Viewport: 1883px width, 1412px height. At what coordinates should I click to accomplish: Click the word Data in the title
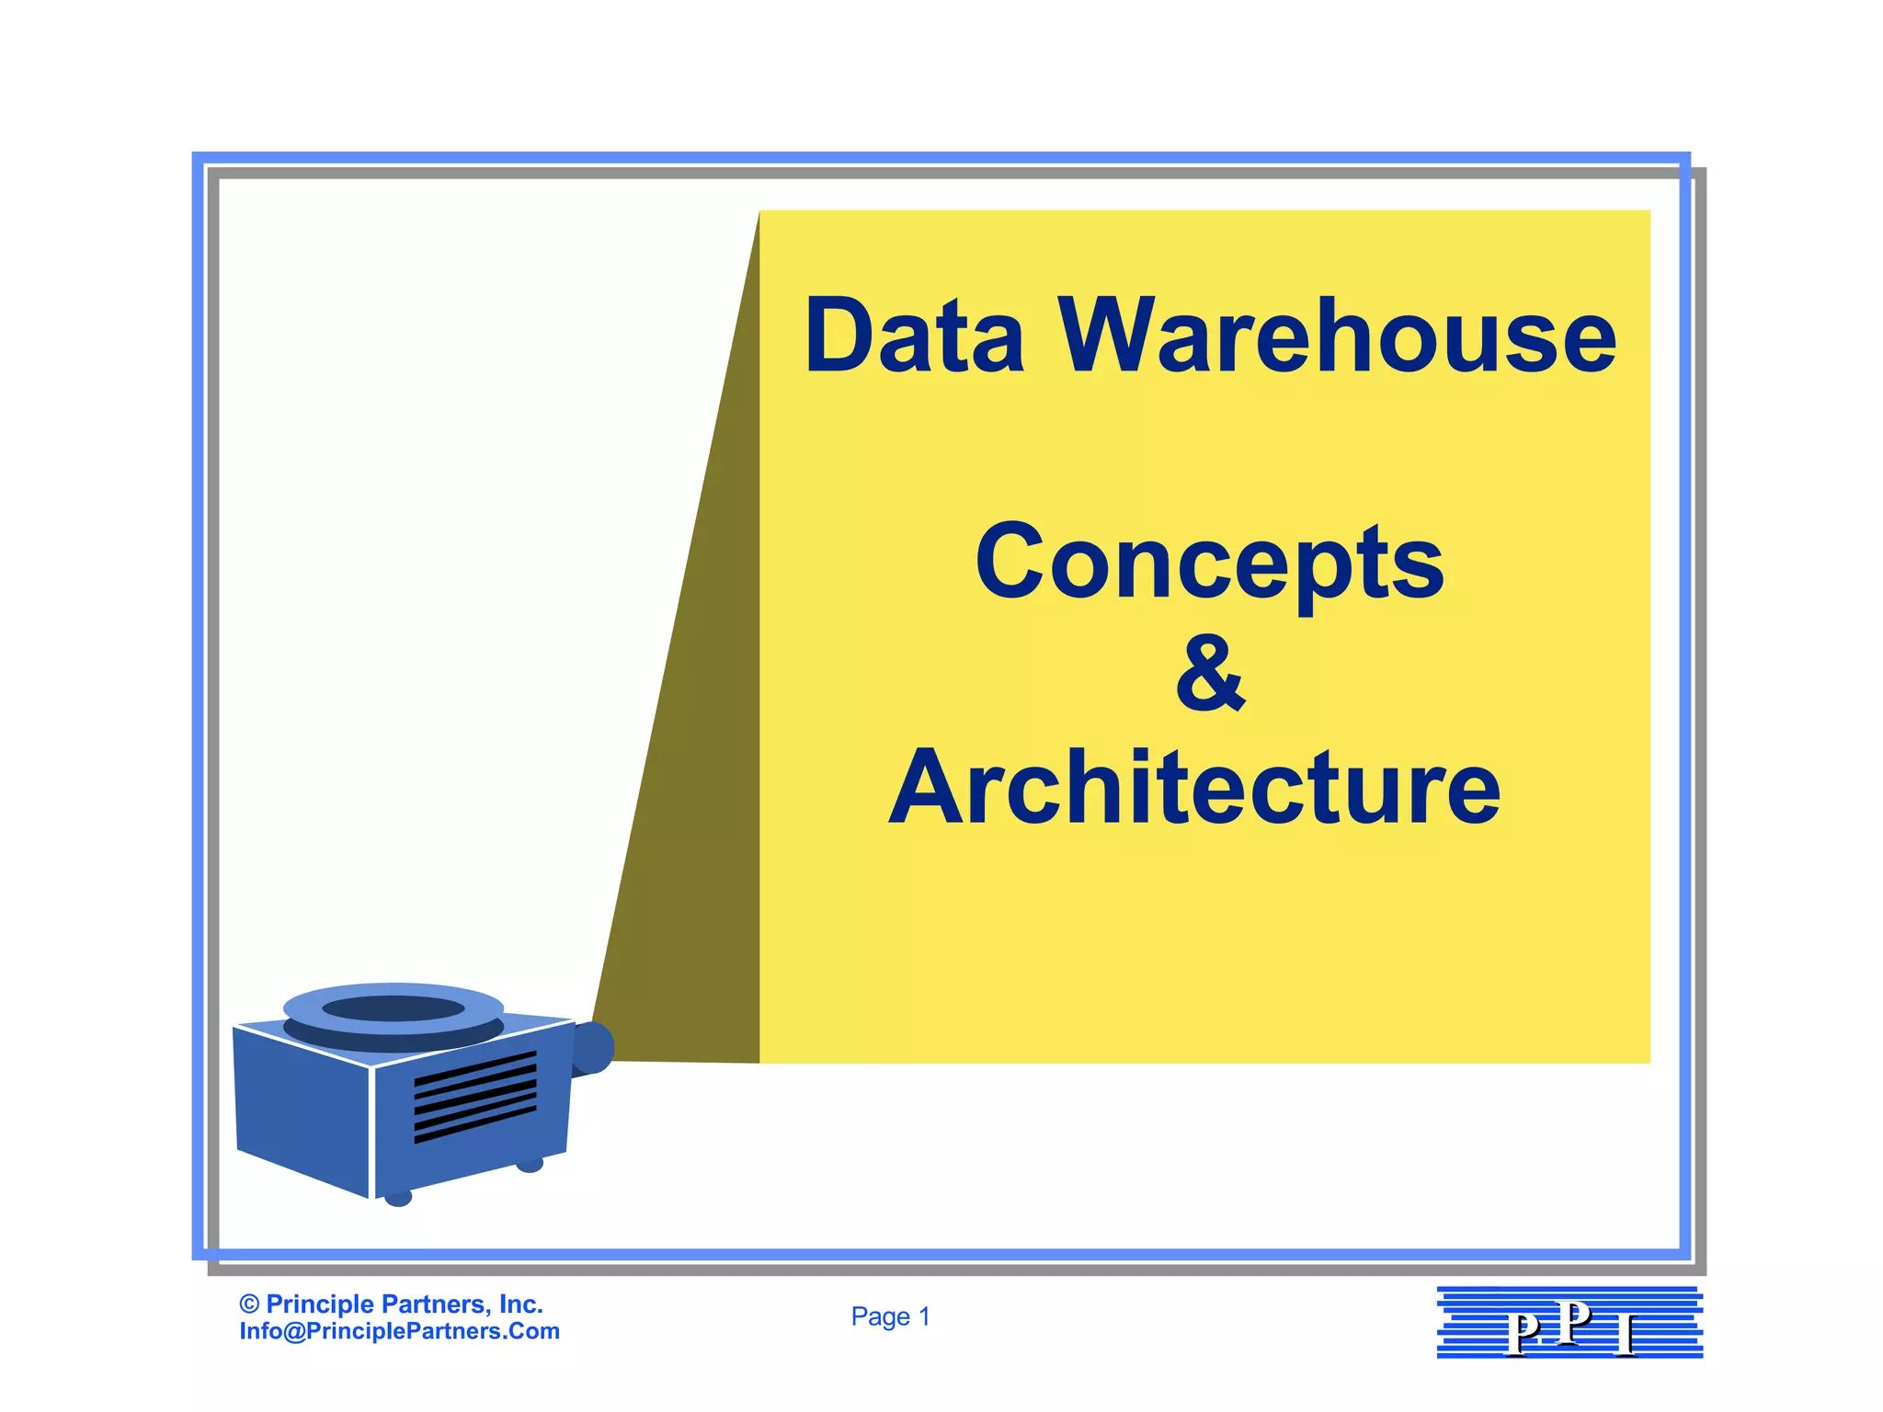point(914,336)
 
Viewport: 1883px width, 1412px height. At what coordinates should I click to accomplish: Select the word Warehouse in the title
point(1338,336)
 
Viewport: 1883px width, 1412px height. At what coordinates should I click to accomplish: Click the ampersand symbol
point(1210,675)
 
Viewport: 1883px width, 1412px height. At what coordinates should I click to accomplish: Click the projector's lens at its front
point(593,1047)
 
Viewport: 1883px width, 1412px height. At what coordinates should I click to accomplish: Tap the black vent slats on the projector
point(474,1097)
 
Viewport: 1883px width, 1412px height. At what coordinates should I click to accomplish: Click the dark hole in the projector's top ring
point(394,1008)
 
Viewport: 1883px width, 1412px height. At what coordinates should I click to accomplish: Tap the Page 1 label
point(890,1316)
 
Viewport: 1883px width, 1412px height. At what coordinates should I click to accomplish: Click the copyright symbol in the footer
point(248,1304)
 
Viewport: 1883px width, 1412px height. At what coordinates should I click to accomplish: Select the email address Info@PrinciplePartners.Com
point(399,1331)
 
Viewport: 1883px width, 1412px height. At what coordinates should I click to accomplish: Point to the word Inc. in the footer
point(520,1304)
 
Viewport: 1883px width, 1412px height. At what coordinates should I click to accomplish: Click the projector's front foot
point(397,1198)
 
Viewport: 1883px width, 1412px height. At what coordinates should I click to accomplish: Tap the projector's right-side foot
point(530,1165)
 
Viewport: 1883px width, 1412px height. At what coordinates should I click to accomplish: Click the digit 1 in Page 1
point(924,1316)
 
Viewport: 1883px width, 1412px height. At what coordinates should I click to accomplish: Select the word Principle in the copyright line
point(320,1304)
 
